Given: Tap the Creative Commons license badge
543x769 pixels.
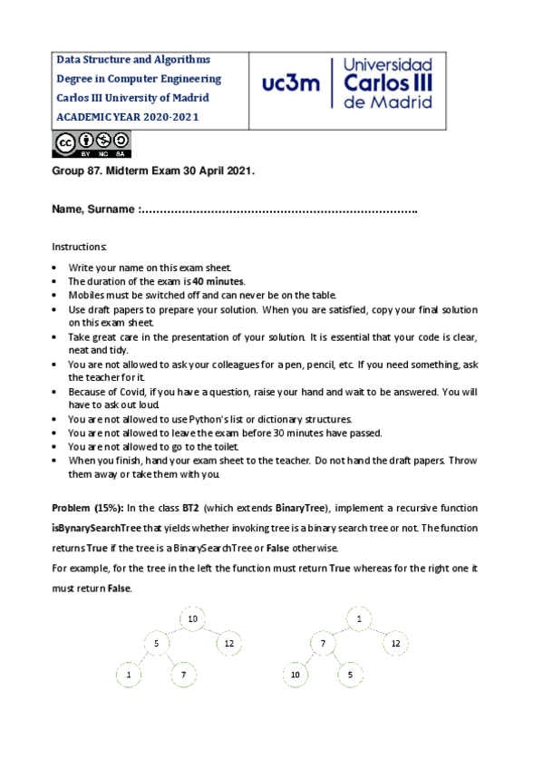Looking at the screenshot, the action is pos(92,143).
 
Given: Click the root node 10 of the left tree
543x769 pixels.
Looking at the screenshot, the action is pos(192,618).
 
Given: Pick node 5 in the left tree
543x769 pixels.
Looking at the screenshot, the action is pos(157,644).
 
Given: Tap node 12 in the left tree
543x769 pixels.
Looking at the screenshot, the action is pos(228,644).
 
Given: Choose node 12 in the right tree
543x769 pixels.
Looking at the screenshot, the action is pos(394,644).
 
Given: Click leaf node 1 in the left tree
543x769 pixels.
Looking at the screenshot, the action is pos(130,676).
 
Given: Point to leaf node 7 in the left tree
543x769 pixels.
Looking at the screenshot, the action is pos(183,676).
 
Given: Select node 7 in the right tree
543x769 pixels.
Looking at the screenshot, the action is pos(322,644).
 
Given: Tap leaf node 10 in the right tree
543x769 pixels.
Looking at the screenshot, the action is pos(296,676).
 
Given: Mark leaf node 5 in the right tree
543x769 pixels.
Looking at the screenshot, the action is pos(349,676).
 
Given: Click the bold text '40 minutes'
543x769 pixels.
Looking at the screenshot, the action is pos(217,282).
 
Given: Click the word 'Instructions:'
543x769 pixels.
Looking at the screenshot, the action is pos(79,247).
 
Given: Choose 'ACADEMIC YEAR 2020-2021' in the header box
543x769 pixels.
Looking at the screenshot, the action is pos(127,117).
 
